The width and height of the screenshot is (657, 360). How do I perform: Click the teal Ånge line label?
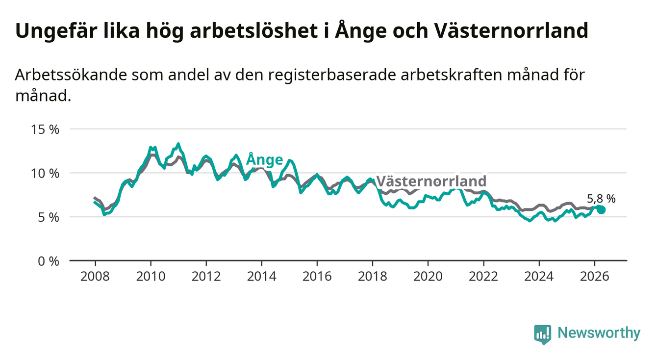264,159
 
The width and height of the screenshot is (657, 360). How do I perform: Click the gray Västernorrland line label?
431,181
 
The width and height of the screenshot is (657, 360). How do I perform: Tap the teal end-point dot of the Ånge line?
601,210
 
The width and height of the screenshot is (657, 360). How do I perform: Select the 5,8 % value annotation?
601,199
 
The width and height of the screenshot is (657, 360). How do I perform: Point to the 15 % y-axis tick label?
45,129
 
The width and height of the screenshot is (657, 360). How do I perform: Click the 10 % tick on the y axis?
45,174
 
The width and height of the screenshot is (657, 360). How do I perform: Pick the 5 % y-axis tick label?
49,217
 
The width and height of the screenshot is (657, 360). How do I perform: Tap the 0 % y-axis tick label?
49,261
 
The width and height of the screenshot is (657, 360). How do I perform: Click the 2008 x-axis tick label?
95,277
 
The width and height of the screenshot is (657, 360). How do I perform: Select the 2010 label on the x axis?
151,277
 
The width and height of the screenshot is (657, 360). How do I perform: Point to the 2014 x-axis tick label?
262,277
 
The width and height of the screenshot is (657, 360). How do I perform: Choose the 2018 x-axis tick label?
373,277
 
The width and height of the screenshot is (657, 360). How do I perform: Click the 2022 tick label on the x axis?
483,277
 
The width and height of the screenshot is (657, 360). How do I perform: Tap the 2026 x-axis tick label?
595,277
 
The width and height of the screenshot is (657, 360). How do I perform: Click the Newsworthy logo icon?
543,334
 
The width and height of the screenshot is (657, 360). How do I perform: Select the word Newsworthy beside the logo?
599,333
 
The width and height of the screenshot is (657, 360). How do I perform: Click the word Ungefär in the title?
56,31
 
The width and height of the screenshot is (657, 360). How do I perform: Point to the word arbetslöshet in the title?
253,30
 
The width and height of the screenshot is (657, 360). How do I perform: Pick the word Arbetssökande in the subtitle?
71,75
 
